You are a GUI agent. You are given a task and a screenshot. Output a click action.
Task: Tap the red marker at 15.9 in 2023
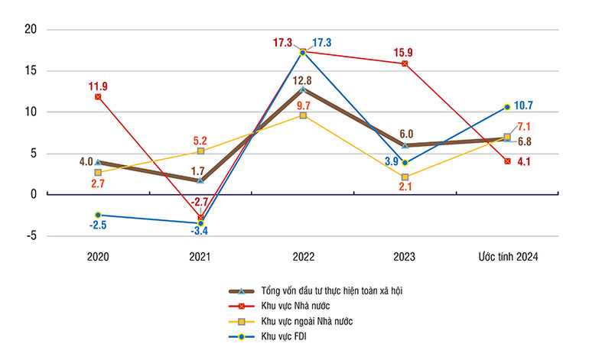[405, 63]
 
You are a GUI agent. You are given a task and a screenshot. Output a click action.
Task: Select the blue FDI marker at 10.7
[507, 107]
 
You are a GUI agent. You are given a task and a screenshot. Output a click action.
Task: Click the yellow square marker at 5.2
[200, 151]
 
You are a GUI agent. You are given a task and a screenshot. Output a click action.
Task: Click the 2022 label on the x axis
[303, 258]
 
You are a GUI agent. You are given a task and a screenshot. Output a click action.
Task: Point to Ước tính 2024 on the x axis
[506, 258]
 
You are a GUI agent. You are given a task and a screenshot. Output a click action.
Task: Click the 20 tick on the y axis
[31, 30]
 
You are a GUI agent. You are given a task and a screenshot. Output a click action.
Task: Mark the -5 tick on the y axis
[31, 235]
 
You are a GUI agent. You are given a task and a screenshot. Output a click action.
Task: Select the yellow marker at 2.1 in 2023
[405, 177]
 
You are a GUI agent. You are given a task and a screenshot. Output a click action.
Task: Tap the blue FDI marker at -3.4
[200, 223]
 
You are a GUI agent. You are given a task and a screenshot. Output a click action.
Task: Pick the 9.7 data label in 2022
[303, 105]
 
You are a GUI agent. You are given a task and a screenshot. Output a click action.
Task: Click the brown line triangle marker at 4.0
[98, 162]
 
